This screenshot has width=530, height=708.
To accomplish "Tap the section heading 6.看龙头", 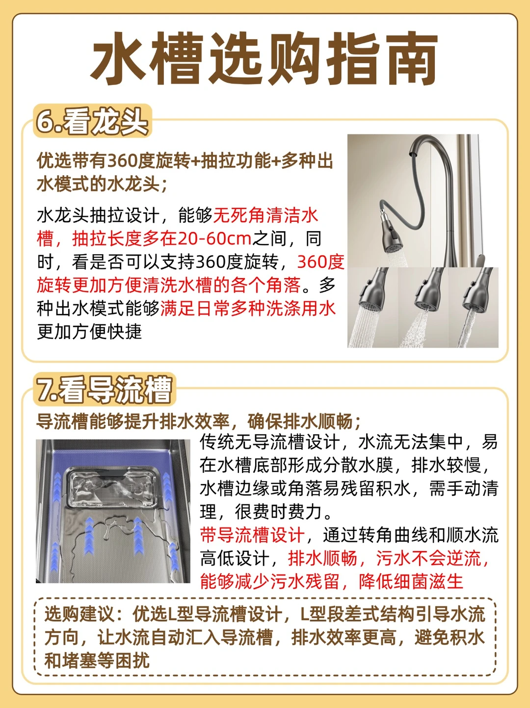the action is [92, 122].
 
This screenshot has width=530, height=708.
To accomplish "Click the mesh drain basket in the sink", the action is [112, 488].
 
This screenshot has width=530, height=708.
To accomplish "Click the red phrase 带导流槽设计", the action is [252, 535].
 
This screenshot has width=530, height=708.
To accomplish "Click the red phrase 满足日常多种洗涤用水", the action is [248, 309].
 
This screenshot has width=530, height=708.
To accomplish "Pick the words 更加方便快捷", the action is [89, 332].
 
